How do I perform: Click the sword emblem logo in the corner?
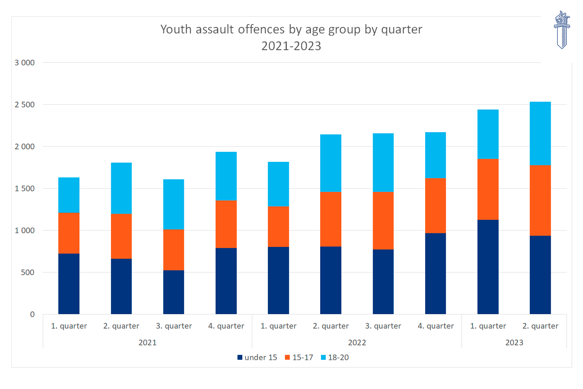[x=562, y=30]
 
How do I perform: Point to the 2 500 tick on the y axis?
[x=24, y=105]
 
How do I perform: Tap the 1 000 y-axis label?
[x=24, y=230]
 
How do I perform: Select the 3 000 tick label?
[x=24, y=63]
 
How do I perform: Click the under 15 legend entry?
[x=257, y=357]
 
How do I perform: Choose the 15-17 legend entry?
[x=299, y=357]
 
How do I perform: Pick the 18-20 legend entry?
[x=335, y=357]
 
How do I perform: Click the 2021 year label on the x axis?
[x=147, y=343]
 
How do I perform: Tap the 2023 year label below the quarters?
[x=514, y=343]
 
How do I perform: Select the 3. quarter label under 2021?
[x=174, y=326]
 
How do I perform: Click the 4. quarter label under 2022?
[x=435, y=326]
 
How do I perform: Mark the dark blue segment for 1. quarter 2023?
[x=488, y=267]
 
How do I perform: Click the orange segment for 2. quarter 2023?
[x=540, y=200]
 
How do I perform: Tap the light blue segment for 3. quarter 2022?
[x=383, y=163]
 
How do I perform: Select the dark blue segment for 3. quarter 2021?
[x=174, y=292]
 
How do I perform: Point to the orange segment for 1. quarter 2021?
[x=69, y=233]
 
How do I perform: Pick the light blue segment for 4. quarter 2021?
[x=226, y=176]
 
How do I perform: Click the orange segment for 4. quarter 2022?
[x=435, y=205]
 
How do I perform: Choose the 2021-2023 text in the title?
[x=291, y=46]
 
